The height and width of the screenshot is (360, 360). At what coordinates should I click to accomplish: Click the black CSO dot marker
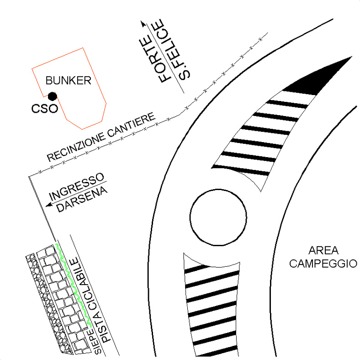53,96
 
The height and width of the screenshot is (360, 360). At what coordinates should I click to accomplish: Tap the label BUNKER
70,81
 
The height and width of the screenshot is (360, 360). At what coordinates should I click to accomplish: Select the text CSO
44,109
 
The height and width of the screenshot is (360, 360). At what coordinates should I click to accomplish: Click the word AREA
323,251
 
